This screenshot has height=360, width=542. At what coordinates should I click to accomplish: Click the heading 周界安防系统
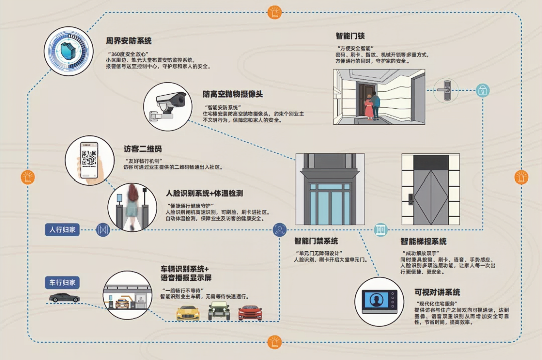pos(128,41)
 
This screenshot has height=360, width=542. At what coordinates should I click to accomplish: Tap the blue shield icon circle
pos(68,51)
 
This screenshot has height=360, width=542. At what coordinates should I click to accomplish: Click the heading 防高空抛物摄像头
pos(233,94)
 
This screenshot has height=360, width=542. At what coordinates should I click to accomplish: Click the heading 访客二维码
pos(143,149)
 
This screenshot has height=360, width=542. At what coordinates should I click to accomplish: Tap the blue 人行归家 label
pos(62,230)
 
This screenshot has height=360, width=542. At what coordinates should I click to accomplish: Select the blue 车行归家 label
pos(62,282)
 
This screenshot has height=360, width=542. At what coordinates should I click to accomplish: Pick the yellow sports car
pos(188,313)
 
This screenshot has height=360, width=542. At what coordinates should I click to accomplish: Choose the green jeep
pos(219,311)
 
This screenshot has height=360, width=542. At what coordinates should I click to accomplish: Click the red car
pos(250,313)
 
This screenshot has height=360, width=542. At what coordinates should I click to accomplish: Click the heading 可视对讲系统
pos(437,292)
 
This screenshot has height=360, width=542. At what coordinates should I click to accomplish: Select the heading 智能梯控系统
pos(424,242)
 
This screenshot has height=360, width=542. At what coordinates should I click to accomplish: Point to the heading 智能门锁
pos(350,36)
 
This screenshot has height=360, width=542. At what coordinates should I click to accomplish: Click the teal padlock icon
pos(482,90)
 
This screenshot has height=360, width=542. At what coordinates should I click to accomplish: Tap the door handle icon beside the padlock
pos(444,90)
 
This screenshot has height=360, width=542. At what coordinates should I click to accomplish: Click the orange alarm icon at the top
pos(274,11)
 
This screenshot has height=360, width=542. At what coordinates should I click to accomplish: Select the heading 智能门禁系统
pos(316,241)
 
